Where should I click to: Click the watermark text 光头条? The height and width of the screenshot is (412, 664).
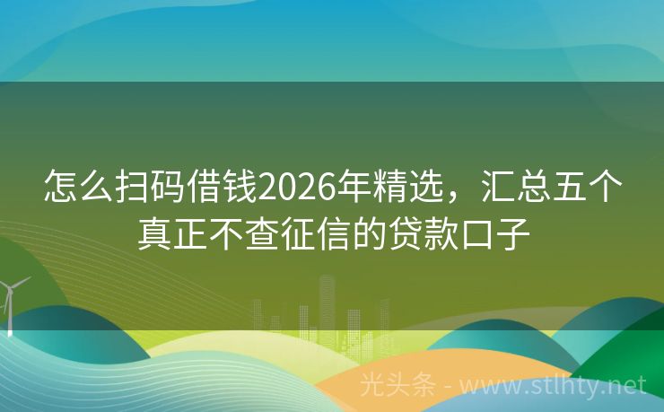coord(398,386)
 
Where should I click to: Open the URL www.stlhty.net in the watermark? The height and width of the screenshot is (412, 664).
coord(553,386)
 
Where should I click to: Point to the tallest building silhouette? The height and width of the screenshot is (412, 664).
coord(327,310)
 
